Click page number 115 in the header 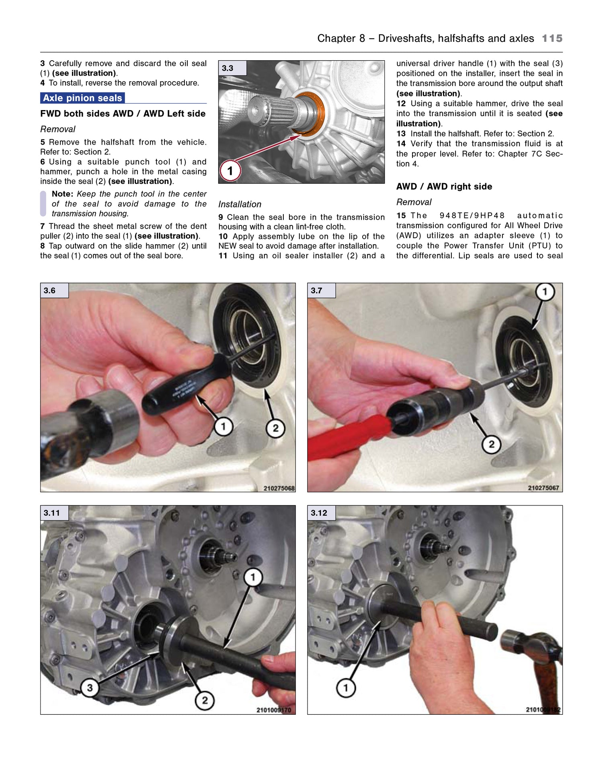pos(552,38)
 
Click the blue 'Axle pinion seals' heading pos(82,98)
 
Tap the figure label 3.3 pos(228,68)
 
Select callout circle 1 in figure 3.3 pos(230,171)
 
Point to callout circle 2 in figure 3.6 pos(275,428)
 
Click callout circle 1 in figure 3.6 pos(223,426)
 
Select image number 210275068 pos(279,488)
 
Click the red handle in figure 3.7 pos(346,438)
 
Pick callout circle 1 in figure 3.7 pos(545,292)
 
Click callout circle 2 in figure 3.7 pos(491,444)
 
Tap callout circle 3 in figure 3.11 pos(90,687)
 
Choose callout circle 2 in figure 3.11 pos(205,700)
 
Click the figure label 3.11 pos(51,513)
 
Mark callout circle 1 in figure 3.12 pos(345,687)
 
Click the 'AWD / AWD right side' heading pos(444,186)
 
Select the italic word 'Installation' pos(240,204)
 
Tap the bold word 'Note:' pos(62,194)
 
